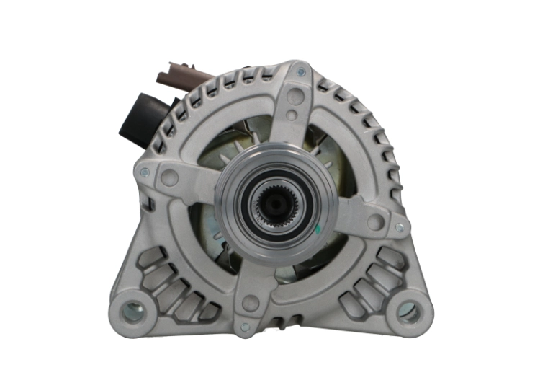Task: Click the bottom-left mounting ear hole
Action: (x=132, y=312)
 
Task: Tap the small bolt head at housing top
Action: (x=300, y=72)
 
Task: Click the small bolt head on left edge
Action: (x=145, y=172)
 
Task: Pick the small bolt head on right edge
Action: (x=400, y=228)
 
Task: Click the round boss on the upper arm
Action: (x=292, y=114)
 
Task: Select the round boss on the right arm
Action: (x=374, y=221)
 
